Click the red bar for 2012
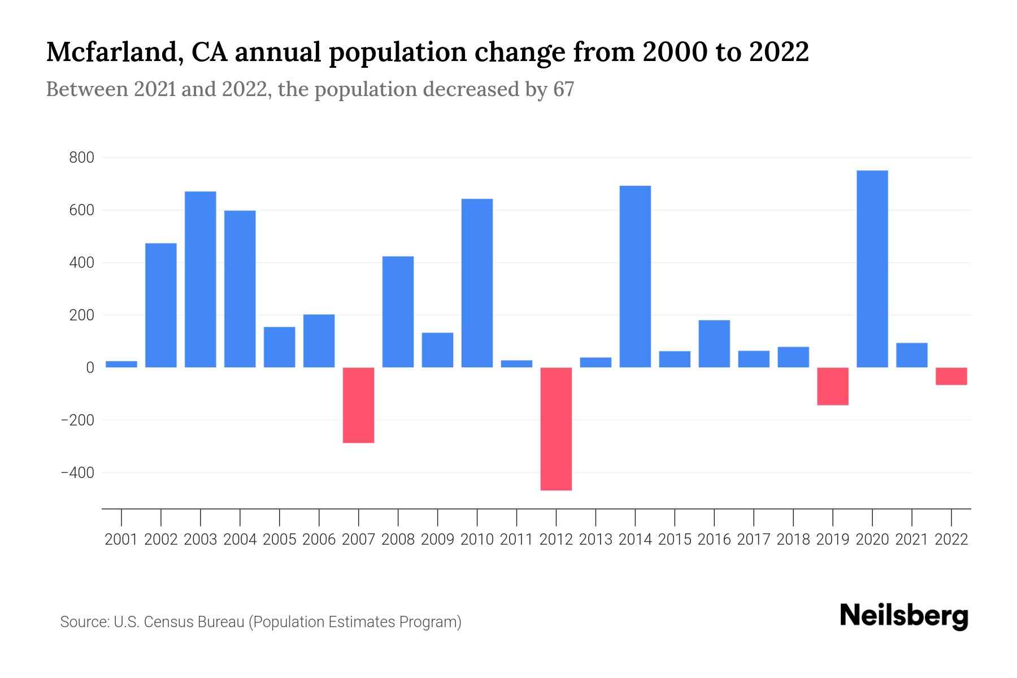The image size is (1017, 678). (x=556, y=428)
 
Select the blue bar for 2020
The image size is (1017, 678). (x=872, y=269)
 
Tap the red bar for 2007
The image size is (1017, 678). (x=358, y=405)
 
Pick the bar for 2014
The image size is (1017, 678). (x=635, y=276)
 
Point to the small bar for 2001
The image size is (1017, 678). (x=121, y=364)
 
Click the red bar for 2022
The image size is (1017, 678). (x=951, y=376)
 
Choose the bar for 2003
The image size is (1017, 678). (x=201, y=279)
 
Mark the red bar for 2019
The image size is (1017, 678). (x=832, y=386)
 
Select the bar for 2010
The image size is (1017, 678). (x=477, y=283)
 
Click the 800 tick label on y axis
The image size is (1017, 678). (x=81, y=158)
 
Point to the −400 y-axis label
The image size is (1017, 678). (x=77, y=473)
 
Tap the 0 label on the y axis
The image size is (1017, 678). (x=90, y=368)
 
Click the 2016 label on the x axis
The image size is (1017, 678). (x=714, y=540)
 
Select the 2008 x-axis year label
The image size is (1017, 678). (x=398, y=540)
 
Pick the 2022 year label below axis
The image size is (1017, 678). (x=951, y=540)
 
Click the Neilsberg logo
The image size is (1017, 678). (x=904, y=616)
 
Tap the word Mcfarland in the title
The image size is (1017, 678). (x=111, y=52)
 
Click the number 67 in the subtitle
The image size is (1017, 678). (x=563, y=89)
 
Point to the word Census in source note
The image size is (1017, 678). (x=168, y=622)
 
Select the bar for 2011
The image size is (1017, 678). (x=516, y=364)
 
